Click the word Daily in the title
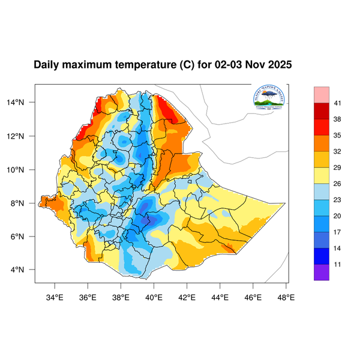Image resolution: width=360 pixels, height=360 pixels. [x=48, y=65]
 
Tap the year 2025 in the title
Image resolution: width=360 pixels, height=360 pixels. [x=279, y=65]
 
